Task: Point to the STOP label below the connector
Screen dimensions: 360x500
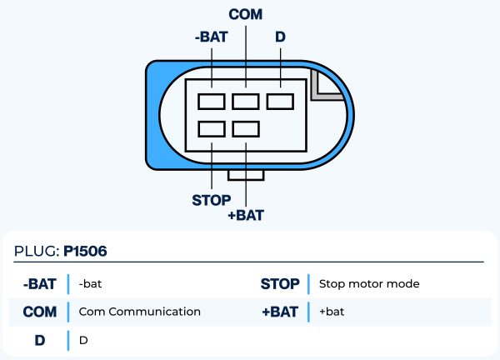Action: pos(212,200)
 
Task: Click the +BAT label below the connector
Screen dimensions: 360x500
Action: pos(246,216)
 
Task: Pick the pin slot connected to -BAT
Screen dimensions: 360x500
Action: pos(212,102)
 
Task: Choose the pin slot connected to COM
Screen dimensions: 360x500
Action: pos(246,102)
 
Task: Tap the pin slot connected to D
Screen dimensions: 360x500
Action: pos(280,102)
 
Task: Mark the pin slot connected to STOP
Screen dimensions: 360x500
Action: pos(212,129)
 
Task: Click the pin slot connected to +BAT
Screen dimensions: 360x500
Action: pos(246,129)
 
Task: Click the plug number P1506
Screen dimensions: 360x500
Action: pos(86,250)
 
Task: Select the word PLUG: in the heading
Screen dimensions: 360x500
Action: pos(37,250)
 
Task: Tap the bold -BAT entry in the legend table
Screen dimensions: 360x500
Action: pos(40,284)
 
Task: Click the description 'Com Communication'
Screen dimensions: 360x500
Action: pos(139,312)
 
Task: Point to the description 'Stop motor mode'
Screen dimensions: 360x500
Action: pos(369,284)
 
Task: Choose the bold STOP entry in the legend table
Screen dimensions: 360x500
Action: pos(280,284)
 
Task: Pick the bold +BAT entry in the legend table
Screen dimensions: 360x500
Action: pos(280,312)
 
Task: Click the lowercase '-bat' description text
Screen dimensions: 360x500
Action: pos(90,284)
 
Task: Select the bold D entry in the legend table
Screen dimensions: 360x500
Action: pos(40,340)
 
